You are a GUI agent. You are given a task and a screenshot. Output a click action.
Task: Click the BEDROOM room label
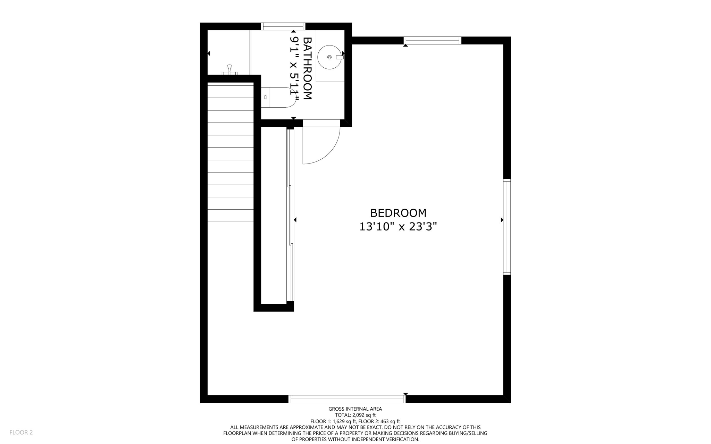pos(398,213)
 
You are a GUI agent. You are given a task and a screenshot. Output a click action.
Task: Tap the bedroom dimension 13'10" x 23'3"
pos(398,227)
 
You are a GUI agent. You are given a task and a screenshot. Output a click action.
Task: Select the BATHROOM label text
pos(308,68)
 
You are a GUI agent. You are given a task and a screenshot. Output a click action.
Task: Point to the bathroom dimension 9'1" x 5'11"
pos(294,68)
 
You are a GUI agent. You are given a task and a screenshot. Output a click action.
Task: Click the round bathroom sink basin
pos(329,57)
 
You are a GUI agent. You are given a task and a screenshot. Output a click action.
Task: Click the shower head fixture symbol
pos(229,69)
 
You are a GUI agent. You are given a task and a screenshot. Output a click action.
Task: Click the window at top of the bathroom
pos(283,26)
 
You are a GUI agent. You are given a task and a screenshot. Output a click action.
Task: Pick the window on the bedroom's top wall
pos(433,41)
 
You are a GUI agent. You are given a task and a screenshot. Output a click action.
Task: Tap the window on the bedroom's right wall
pos(507,227)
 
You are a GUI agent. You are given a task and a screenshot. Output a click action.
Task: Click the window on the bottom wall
pos(347,399)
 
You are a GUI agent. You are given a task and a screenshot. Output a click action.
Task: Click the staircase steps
pos(231,153)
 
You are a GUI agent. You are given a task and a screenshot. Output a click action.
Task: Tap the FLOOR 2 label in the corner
pos(21,432)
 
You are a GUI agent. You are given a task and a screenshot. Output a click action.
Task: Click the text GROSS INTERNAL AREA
pos(355,409)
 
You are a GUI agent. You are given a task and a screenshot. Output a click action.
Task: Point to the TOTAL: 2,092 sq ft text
pos(355,415)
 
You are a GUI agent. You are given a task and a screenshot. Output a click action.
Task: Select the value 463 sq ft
pos(390,421)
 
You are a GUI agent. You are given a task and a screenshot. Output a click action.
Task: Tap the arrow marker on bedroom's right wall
pos(502,220)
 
